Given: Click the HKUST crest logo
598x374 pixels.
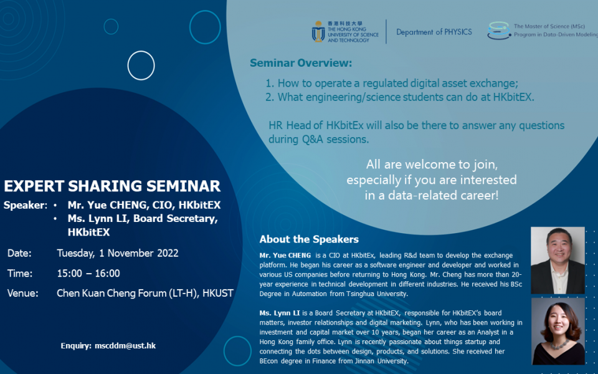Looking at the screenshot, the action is pyautogui.click(x=318, y=32).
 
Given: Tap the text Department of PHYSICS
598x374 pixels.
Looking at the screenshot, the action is pyautogui.click(x=434, y=32).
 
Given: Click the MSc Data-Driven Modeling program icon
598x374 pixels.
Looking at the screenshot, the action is pyautogui.click(x=499, y=31).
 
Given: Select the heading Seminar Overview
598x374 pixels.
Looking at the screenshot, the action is pyautogui.click(x=301, y=63).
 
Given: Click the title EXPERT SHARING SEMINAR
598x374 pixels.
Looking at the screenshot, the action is pyautogui.click(x=112, y=186).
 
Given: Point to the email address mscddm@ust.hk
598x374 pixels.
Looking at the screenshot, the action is pyautogui.click(x=125, y=346).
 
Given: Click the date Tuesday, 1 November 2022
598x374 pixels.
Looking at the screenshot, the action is pyautogui.click(x=118, y=254).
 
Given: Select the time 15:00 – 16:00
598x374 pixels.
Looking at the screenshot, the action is pyautogui.click(x=88, y=273).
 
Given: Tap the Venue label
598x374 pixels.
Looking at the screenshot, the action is pyautogui.click(x=23, y=293).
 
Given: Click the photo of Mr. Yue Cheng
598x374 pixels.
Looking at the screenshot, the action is pyautogui.click(x=558, y=261).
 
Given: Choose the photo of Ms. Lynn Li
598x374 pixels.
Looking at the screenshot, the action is pyautogui.click(x=558, y=331).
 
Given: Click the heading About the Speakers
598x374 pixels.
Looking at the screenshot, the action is pyautogui.click(x=309, y=239).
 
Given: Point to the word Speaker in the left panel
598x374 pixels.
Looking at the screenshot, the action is pyautogui.click(x=24, y=205).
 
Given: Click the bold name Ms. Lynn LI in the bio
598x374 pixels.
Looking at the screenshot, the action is pyautogui.click(x=280, y=313).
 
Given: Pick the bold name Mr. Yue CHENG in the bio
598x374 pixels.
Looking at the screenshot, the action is pyautogui.click(x=285, y=256).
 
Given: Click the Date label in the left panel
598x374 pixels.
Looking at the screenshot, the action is pyautogui.click(x=19, y=254).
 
